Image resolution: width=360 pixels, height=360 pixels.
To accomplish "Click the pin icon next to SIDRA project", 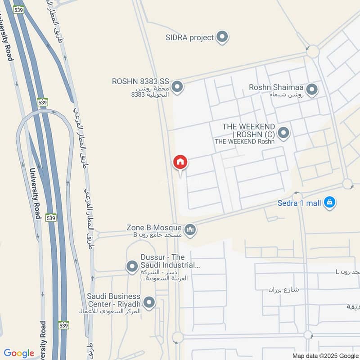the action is (x=222, y=37).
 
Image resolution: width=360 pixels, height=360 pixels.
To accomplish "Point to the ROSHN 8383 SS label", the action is (x=140, y=82).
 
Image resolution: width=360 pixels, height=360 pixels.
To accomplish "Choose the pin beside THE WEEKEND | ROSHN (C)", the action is (x=283, y=133).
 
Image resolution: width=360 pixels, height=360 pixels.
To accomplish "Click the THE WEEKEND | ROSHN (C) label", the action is (x=248, y=130).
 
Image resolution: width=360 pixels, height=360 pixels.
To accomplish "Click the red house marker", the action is (x=180, y=162).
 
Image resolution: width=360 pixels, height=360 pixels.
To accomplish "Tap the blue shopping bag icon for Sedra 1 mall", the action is (x=330, y=203).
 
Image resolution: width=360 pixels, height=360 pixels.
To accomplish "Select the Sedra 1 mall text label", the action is (x=299, y=203).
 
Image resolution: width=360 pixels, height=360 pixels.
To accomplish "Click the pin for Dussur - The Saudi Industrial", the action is (x=132, y=267).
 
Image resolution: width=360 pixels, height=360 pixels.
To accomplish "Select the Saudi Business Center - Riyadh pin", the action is (x=149, y=302).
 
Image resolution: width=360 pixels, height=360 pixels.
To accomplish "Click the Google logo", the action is (x=19, y=353).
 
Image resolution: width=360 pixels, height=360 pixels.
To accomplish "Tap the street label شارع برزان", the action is (x=284, y=289).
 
